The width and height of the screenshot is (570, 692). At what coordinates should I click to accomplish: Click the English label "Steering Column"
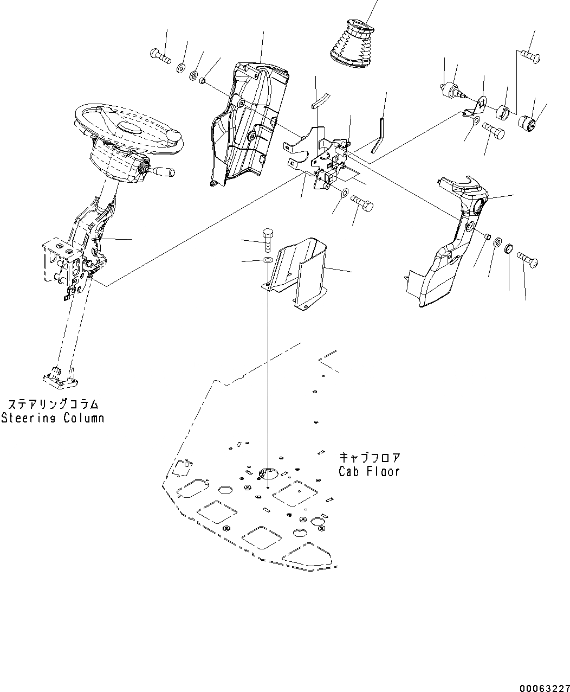coord(53,418)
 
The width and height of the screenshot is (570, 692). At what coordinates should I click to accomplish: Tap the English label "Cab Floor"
coord(369,471)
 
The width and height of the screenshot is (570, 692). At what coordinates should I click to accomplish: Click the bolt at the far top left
coord(159,55)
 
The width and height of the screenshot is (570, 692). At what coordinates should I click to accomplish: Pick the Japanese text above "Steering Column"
coord(53,405)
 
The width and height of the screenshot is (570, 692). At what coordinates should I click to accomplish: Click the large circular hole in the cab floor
coord(267,473)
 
